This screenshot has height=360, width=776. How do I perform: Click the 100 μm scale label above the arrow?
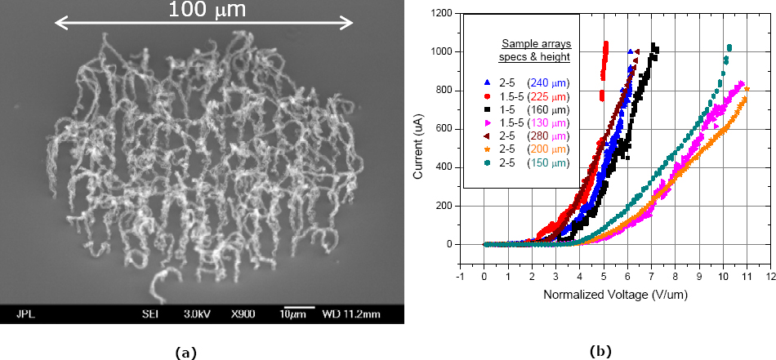[206, 10]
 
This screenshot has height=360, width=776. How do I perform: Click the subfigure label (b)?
[600, 351]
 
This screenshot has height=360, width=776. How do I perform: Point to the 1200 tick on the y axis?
[443, 13]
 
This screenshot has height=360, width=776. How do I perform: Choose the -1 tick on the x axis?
[460, 276]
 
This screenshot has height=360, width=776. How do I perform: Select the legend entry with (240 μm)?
[528, 82]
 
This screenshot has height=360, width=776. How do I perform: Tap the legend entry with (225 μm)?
[528, 96]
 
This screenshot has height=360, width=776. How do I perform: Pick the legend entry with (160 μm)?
[528, 109]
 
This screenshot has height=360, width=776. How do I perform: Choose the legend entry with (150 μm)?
[528, 163]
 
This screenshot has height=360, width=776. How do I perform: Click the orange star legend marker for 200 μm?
[488, 149]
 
